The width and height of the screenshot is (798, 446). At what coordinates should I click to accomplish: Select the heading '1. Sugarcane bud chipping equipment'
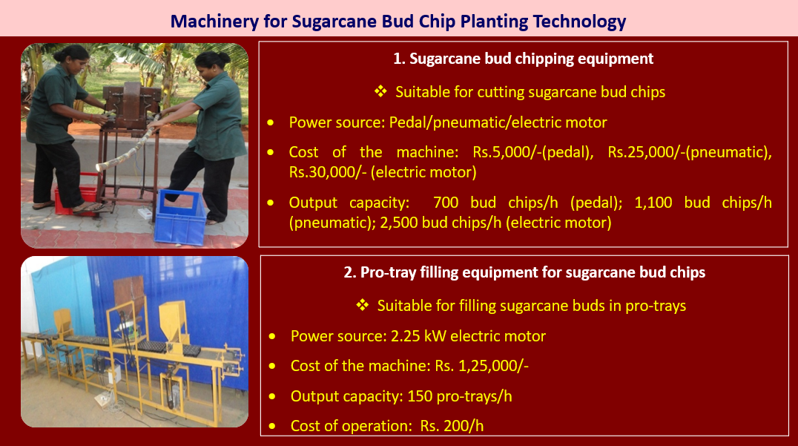click(523, 59)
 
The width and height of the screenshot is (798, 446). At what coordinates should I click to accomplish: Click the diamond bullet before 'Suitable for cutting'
click(380, 91)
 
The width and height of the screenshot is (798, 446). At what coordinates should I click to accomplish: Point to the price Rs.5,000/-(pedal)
click(532, 152)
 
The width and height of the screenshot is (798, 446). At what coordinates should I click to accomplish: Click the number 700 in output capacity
click(446, 203)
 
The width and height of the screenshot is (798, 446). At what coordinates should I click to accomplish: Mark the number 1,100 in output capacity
click(653, 203)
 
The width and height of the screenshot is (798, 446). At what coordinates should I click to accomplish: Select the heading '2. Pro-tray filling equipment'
click(524, 272)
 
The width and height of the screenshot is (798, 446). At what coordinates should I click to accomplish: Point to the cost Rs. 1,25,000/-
click(481, 366)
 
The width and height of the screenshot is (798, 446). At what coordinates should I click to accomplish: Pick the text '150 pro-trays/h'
click(460, 396)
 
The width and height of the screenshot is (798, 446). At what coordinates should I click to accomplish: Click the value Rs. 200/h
click(452, 426)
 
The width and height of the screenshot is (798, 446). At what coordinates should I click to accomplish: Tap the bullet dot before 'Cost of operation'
click(272, 426)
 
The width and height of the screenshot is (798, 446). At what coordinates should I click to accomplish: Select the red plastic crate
click(76, 195)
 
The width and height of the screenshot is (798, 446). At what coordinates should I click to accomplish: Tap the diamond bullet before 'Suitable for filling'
click(363, 305)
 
